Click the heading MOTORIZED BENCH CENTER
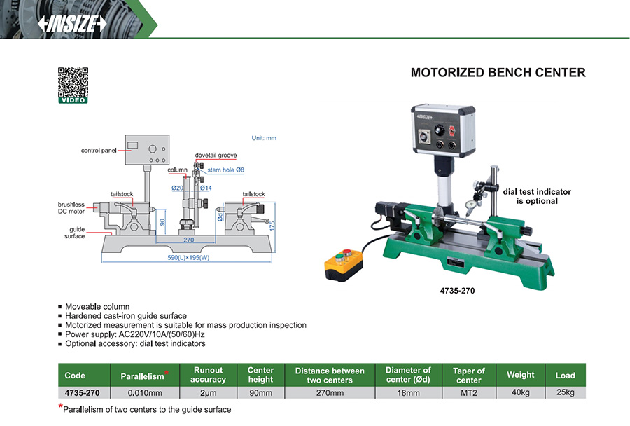pyautogui.click(x=498, y=73)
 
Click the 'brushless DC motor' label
pyautogui.click(x=71, y=207)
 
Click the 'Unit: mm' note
pyautogui.click(x=264, y=138)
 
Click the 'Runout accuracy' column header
pyautogui.click(x=208, y=375)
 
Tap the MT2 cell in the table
pyautogui.click(x=469, y=393)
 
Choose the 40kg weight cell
pyautogui.click(x=520, y=393)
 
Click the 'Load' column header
pyautogui.click(x=565, y=376)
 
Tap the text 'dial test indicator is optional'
pyautogui.click(x=537, y=196)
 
